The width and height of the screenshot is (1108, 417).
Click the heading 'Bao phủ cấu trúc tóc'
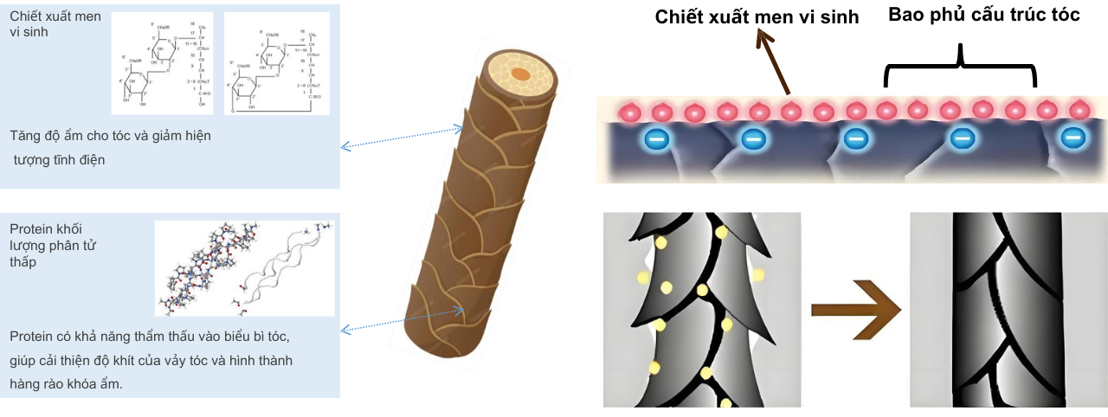984,15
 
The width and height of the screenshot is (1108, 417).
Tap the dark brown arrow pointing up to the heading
773,63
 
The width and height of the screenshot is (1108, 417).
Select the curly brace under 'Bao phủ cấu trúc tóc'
960,68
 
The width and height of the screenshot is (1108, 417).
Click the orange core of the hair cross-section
520,74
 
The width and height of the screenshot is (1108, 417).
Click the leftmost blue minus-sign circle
655,138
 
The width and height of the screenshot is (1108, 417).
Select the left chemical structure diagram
162,63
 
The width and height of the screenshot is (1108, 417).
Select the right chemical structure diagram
276,63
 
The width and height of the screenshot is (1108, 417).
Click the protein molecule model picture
244,268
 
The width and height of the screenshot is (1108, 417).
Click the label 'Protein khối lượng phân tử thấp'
53,246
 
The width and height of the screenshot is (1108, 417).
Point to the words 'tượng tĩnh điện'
59,159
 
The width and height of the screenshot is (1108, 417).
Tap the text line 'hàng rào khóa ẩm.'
67,384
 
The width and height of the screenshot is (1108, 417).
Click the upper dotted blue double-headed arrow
402,138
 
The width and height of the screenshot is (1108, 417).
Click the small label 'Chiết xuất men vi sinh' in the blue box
42,23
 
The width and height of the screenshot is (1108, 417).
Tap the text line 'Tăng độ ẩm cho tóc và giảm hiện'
110,136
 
